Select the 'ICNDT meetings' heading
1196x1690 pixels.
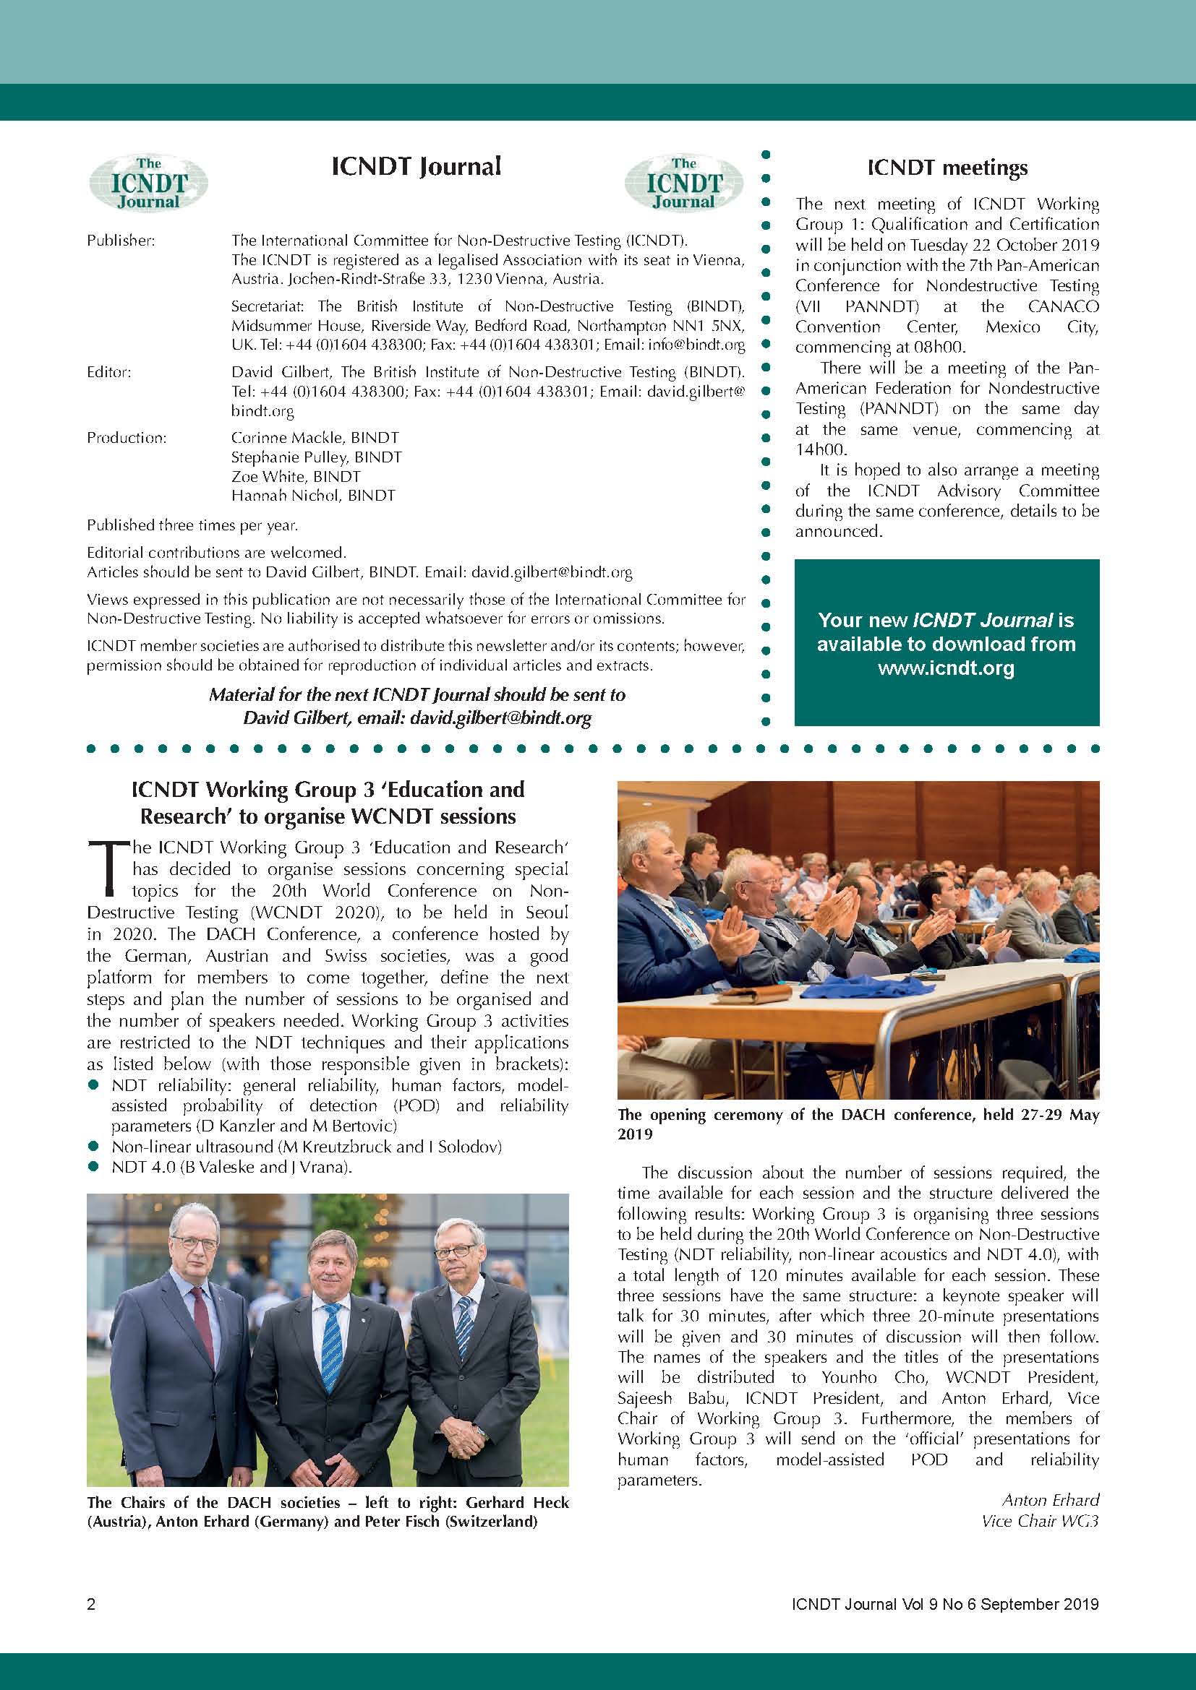pos(947,168)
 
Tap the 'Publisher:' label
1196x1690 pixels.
pos(121,241)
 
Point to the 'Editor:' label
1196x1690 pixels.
pos(109,372)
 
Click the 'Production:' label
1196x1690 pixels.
pos(127,438)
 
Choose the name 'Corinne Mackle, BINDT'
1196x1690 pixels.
pos(315,438)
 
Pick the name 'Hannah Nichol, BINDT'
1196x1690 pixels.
pos(313,496)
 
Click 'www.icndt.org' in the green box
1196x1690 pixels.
pos(946,668)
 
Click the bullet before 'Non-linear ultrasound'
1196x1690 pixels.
pos(93,1146)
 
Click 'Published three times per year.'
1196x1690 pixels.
pos(192,525)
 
